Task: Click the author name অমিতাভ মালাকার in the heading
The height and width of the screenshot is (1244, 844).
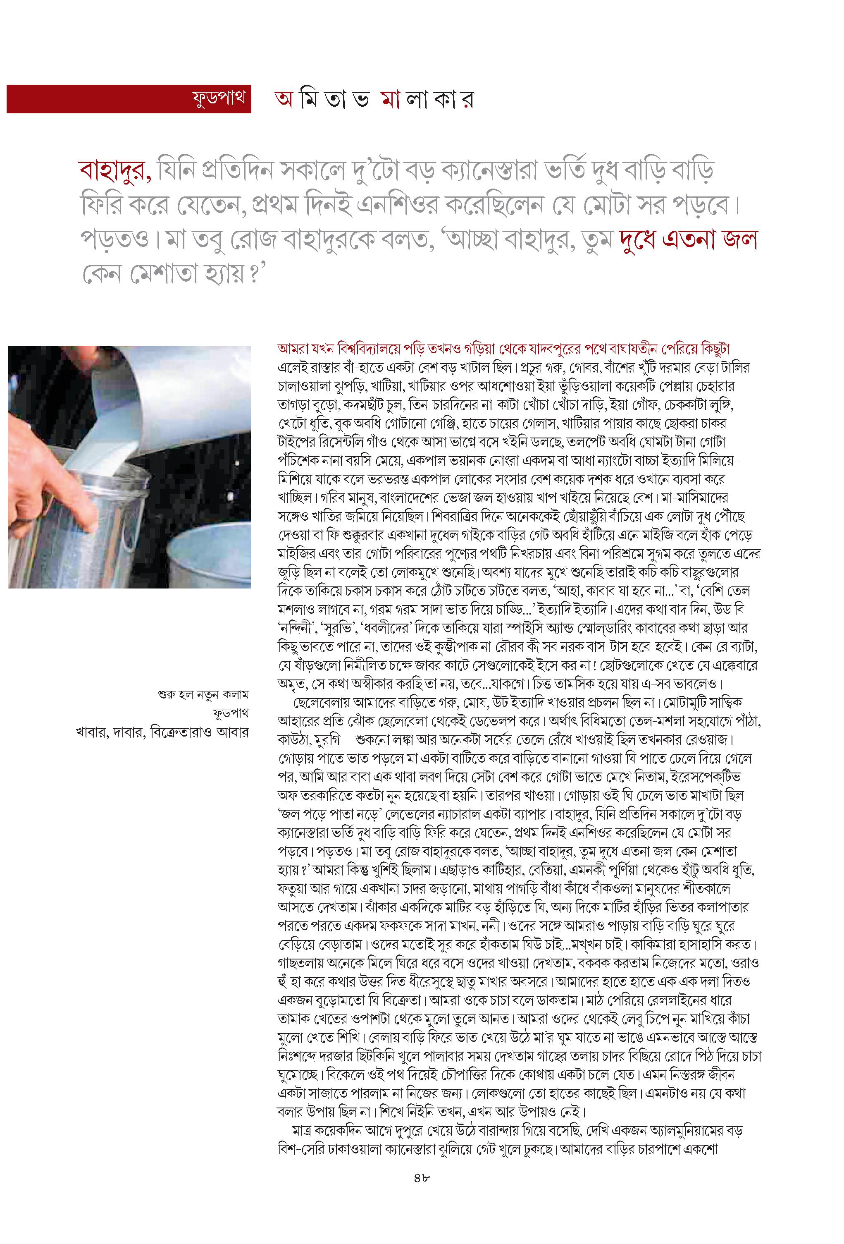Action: (374, 100)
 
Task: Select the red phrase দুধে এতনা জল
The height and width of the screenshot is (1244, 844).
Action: (688, 240)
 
